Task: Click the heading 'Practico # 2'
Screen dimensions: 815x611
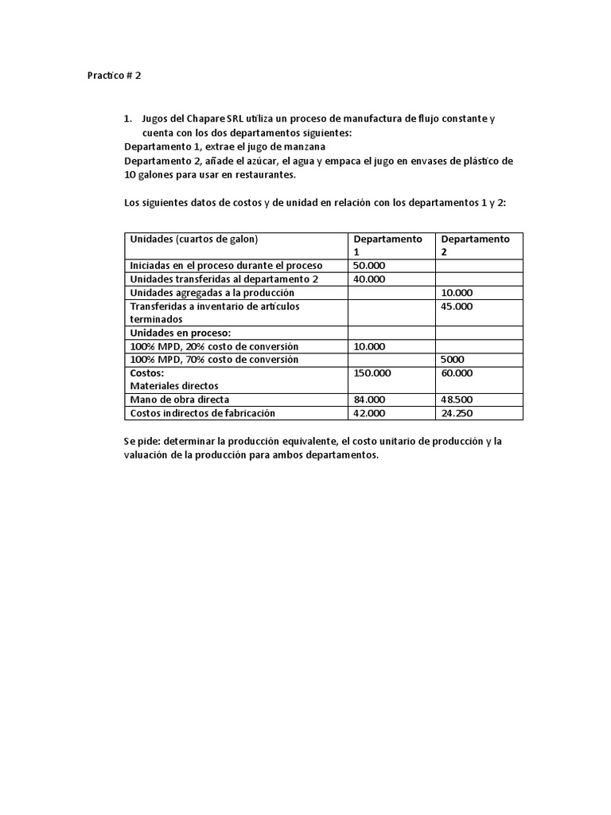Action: [x=114, y=76]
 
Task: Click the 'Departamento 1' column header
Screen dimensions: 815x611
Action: [x=388, y=245]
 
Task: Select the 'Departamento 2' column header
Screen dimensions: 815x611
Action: [x=476, y=245]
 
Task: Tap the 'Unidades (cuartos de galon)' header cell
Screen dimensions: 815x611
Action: [x=194, y=239]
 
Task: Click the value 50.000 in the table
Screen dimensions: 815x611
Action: [x=369, y=265]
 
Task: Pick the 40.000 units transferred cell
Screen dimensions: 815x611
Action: [x=369, y=279]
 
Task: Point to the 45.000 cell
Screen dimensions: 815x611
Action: [x=457, y=306]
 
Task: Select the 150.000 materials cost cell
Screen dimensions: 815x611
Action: [x=372, y=372]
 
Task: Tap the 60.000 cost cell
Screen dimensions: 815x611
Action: [x=457, y=372]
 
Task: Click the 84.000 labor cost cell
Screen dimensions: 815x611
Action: [x=369, y=400]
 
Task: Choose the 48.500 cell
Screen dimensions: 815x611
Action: [x=457, y=400]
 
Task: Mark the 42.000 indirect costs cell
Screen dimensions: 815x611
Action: [x=369, y=413]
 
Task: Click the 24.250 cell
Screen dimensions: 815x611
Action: [x=457, y=413]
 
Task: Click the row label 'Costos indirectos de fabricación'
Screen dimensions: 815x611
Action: [x=202, y=413]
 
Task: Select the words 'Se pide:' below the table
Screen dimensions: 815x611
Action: [x=142, y=441]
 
